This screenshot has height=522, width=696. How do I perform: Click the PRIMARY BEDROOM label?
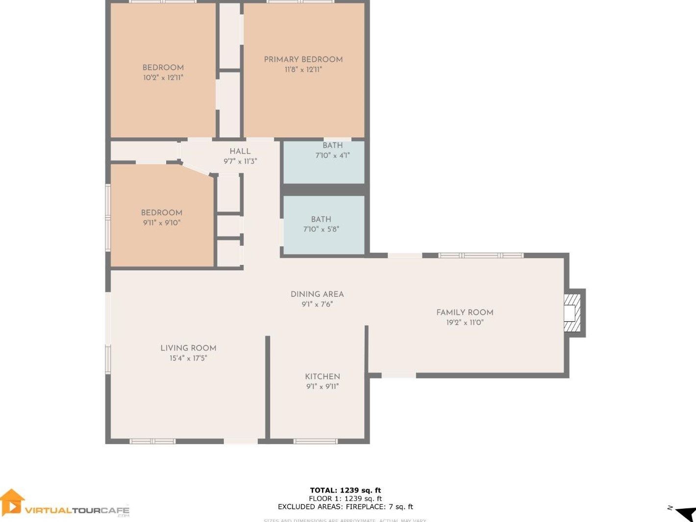303,59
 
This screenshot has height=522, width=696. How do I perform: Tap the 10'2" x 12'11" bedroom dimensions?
163,78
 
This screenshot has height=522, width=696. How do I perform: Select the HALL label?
240,151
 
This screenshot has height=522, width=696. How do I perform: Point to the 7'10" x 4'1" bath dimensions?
332,156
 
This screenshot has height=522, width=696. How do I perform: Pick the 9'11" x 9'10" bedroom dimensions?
162,223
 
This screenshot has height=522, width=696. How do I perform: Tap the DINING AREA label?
317,294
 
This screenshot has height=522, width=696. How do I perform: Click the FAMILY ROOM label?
465,312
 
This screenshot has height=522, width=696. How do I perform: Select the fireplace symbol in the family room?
572,313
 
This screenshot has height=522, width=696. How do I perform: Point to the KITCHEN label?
322,376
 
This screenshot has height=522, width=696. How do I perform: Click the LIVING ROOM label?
188,348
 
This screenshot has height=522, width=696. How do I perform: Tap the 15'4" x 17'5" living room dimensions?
188,358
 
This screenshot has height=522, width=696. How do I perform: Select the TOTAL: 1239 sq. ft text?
345,490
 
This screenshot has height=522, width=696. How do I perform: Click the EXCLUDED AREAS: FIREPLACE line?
345,507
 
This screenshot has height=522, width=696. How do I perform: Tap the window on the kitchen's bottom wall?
315,441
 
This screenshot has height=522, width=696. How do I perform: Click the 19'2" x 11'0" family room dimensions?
465,322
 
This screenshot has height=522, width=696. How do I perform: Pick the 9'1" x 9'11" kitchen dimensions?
322,387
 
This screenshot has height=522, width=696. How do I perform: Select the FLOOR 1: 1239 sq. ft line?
345,498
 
